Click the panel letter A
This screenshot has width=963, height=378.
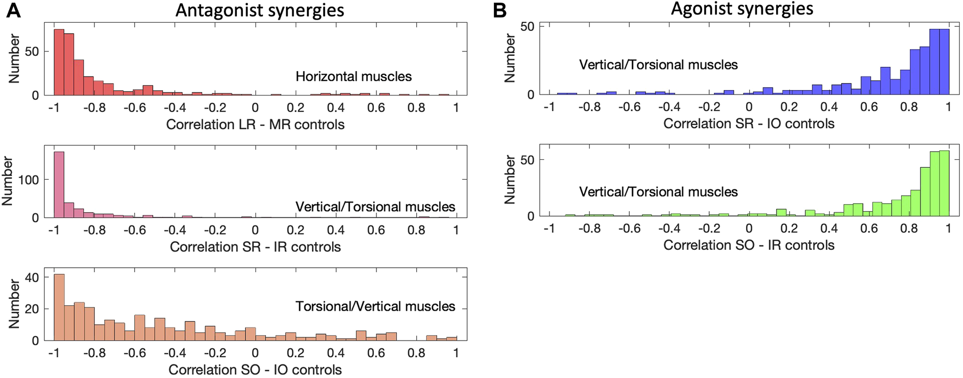pos(13,10)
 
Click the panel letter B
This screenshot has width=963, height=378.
pos(499,10)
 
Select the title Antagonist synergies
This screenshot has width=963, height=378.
pos(259,10)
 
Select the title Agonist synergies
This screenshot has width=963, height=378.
pos(742,9)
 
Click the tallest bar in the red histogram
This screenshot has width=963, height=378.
pos(59,62)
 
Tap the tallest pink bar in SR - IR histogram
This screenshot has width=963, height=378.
pos(59,185)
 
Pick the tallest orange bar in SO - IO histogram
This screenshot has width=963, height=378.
pos(59,307)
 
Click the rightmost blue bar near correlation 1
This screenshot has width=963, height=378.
pos(944,62)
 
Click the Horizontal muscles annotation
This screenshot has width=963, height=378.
pos(353,77)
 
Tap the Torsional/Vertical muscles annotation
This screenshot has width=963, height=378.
pos(375,306)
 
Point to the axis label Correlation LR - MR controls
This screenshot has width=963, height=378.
pos(255,124)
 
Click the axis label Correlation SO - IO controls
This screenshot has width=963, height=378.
pos(255,370)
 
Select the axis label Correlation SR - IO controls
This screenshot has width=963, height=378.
pos(748,123)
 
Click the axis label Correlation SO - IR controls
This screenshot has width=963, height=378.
pos(748,245)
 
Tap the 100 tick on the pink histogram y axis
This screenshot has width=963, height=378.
pos(28,180)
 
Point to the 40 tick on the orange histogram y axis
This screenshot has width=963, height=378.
pos(32,278)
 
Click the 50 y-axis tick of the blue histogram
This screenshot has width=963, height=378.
pos(527,27)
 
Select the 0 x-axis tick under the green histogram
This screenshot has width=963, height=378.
pos(748,229)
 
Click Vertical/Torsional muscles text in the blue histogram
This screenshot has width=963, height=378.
pos(658,65)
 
